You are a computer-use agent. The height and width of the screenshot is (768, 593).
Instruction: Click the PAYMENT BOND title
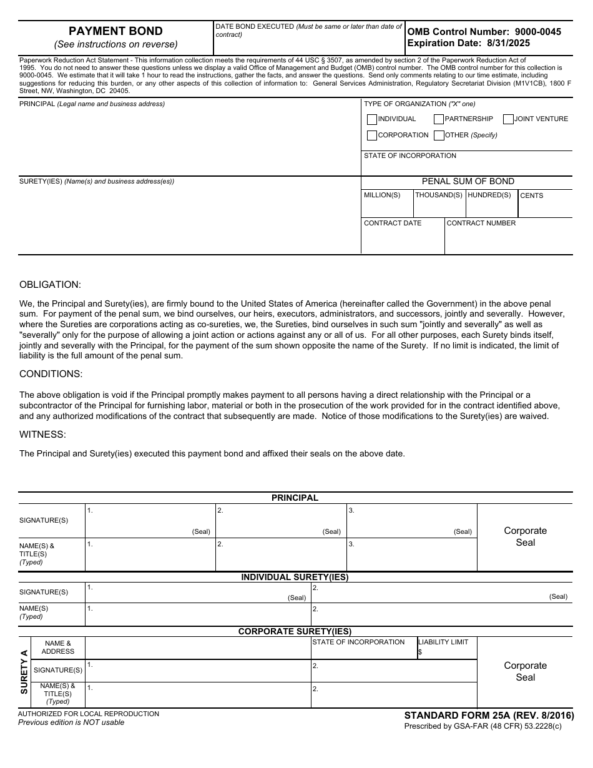[x=115, y=31]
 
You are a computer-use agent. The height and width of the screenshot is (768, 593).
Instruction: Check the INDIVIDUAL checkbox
[x=372, y=119]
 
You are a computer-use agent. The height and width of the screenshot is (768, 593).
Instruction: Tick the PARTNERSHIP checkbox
[x=439, y=119]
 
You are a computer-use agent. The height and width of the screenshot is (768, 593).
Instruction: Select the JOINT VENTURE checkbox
[x=509, y=119]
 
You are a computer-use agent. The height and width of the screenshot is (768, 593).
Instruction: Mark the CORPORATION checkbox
[x=372, y=135]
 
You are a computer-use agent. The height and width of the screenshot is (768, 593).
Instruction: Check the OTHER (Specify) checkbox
[x=439, y=135]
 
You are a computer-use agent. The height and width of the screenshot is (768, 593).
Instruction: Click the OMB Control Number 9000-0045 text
[x=484, y=32]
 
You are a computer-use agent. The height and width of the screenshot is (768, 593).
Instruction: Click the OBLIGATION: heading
[x=50, y=285]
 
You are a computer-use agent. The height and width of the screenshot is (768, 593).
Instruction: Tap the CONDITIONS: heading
[x=51, y=374]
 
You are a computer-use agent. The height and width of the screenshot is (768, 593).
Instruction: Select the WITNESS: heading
[x=42, y=435]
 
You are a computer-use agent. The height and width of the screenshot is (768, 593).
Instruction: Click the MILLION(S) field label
[x=382, y=195]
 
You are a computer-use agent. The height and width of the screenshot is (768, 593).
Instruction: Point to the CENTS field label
[x=531, y=196]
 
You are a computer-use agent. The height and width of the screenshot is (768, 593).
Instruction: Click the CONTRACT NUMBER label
[x=481, y=224]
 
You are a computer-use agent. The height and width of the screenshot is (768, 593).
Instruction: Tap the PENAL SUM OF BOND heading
[x=468, y=182]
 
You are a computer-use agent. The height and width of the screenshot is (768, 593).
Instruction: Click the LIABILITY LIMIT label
[x=443, y=642]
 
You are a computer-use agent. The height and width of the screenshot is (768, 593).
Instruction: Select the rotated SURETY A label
[x=24, y=672]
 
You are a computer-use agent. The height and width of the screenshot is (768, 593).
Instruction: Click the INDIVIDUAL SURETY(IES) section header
[x=295, y=578]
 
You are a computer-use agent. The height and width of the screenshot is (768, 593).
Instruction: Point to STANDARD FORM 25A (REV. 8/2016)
[x=489, y=716]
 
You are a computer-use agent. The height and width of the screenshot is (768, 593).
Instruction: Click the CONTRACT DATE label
[x=393, y=224]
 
